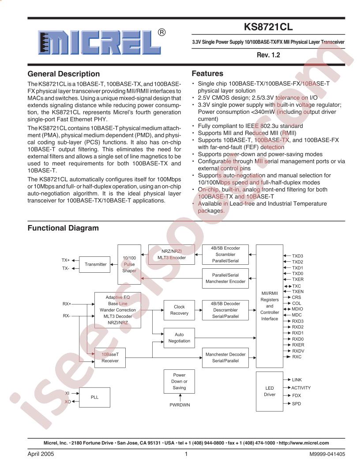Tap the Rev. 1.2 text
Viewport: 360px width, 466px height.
(268, 56)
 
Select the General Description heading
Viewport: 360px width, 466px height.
(64, 74)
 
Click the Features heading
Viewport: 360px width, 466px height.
(207, 74)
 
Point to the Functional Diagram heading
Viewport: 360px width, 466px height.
(63, 228)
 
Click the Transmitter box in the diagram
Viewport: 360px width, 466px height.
(95, 264)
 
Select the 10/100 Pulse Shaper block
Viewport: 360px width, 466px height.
(129, 264)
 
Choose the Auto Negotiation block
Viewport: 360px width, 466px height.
(179, 338)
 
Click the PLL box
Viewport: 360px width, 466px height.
(94, 397)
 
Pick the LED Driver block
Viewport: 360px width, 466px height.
(270, 391)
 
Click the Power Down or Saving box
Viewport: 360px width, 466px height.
(179, 381)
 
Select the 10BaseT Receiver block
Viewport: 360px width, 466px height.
(110, 357)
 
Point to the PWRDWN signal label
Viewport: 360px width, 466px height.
(180, 405)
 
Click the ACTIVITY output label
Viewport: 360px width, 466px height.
(301, 387)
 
